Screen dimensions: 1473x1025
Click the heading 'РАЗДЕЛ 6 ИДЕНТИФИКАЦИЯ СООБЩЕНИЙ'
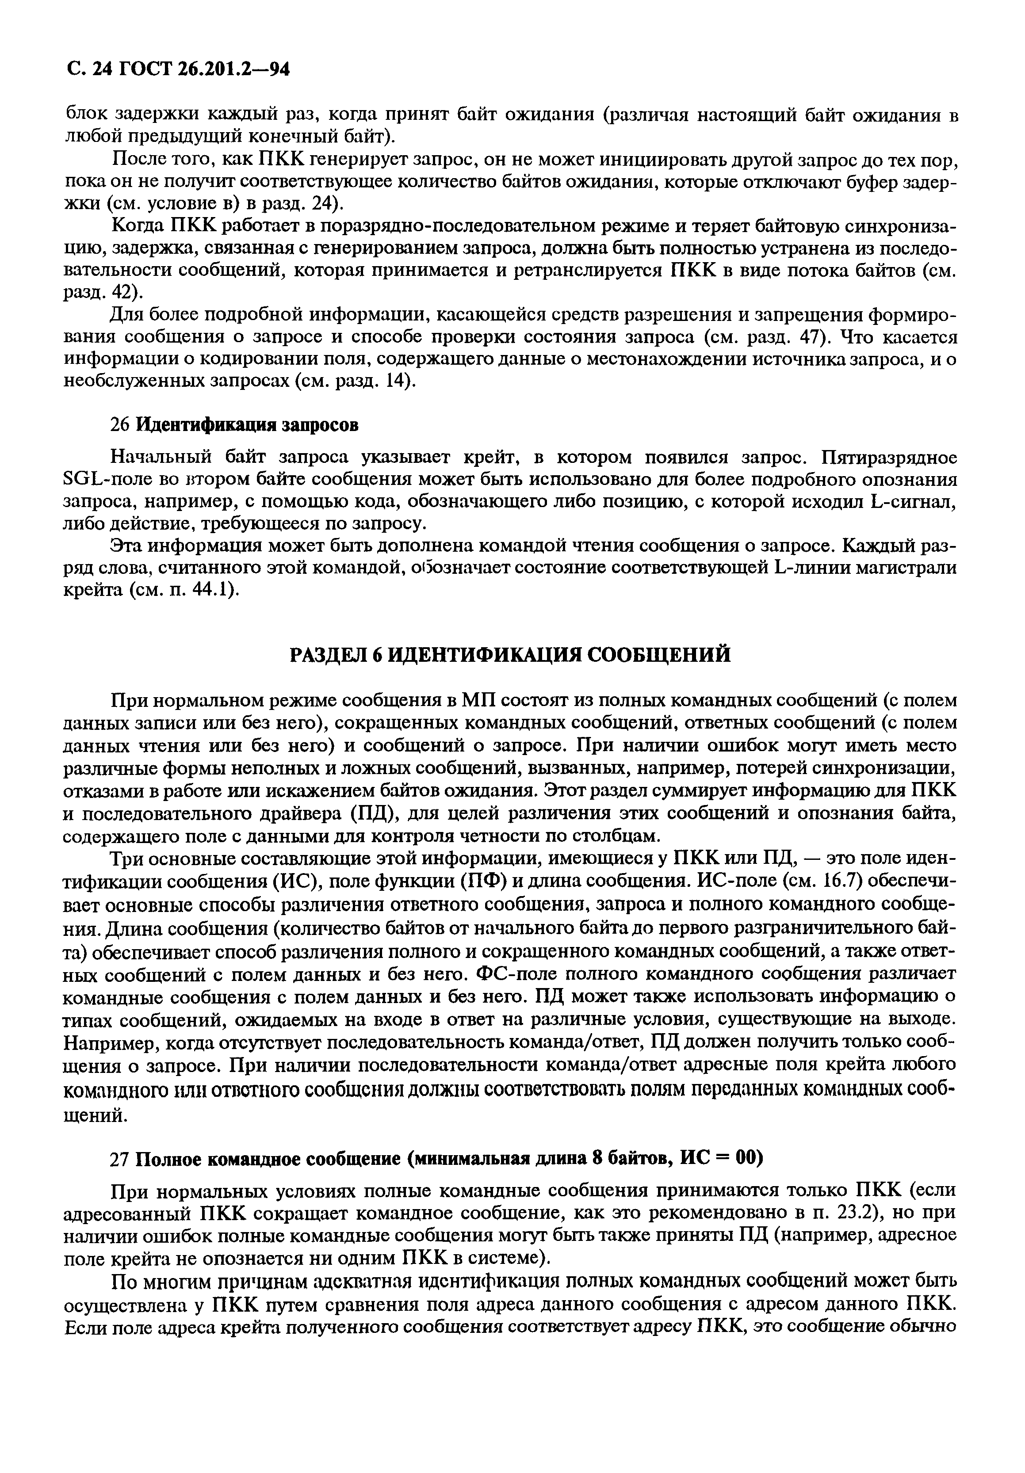coord(510,654)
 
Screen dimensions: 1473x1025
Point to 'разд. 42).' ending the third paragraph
coord(103,292)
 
